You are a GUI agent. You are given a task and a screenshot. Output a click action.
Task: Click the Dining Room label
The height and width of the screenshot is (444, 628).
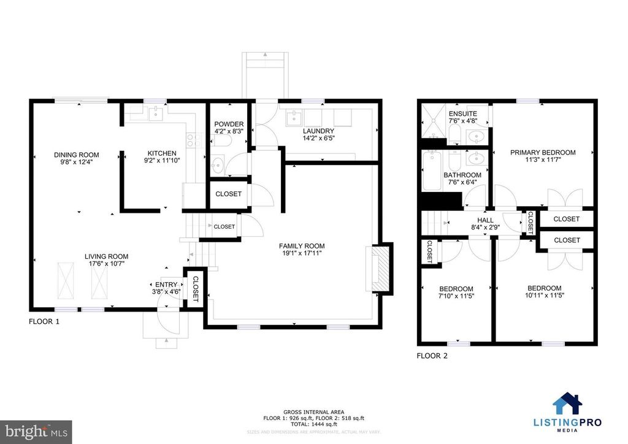(76, 155)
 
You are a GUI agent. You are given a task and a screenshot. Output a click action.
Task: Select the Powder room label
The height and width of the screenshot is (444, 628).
(229, 124)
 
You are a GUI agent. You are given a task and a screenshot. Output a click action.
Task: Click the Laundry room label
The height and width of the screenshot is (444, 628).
(318, 131)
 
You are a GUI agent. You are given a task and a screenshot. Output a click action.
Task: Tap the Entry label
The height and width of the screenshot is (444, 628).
(166, 285)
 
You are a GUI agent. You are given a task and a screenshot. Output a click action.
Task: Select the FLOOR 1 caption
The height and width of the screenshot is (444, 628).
(44, 321)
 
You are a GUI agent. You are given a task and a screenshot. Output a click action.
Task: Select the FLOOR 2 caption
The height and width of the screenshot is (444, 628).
(432, 355)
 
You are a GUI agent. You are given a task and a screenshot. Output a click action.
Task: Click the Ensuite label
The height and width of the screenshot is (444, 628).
(459, 113)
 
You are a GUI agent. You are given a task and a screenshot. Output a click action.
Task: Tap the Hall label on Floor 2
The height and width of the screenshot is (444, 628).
(486, 220)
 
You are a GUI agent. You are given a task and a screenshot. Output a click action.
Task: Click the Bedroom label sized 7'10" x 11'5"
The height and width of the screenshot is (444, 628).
(456, 288)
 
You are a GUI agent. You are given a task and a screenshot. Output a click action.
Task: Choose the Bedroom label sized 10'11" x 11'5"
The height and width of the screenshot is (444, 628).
(544, 288)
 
